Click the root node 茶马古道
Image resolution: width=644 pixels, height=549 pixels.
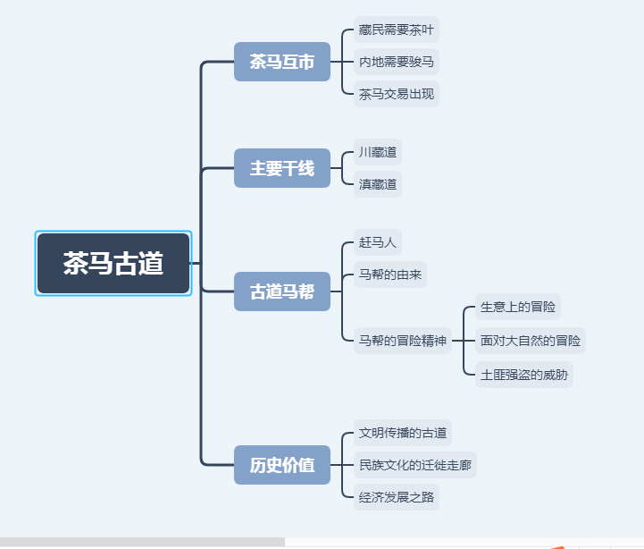click(x=113, y=263)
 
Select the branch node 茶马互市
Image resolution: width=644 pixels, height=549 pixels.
click(x=282, y=63)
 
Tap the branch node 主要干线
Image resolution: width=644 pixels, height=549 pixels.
click(x=282, y=168)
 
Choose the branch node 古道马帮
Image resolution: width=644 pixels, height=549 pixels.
click(x=282, y=291)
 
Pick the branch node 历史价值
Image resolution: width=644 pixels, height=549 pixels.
click(x=282, y=465)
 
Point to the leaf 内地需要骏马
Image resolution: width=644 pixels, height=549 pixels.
click(x=397, y=62)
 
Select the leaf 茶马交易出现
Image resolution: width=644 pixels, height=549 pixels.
click(x=397, y=93)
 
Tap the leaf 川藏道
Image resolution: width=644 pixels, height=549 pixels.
click(x=377, y=153)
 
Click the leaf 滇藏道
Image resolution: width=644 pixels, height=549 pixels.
click(x=377, y=184)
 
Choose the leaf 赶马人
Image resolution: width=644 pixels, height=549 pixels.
click(x=377, y=242)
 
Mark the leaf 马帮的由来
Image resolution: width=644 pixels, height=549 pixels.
click(x=389, y=274)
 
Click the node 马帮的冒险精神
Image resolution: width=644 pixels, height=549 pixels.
click(x=402, y=340)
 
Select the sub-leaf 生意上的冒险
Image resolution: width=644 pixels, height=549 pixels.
click(x=518, y=307)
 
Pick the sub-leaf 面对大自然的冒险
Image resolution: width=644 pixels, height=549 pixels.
click(x=531, y=340)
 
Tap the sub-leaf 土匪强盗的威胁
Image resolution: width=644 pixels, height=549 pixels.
click(x=524, y=374)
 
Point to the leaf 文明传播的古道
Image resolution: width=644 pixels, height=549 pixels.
click(x=402, y=433)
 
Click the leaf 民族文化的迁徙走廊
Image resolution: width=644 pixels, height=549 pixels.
click(x=415, y=465)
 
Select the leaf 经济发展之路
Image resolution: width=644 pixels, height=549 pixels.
click(x=397, y=497)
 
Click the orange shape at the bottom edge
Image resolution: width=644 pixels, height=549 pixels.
click(x=557, y=545)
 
